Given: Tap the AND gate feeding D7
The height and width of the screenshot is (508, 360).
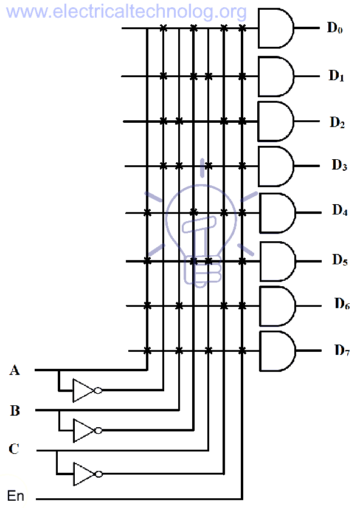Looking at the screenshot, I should [277, 351].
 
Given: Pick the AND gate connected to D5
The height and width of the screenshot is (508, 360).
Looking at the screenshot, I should [277, 261].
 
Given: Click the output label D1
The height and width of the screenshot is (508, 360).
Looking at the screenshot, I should [337, 76].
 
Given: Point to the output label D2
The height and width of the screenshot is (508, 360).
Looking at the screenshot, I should [337, 122].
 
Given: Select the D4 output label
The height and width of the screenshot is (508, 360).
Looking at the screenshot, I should [339, 211].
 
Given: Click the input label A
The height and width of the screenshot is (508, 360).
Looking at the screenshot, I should [15, 369].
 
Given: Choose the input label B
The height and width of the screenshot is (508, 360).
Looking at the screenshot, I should [15, 410].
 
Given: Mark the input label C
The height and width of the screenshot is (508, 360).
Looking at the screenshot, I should [14, 450].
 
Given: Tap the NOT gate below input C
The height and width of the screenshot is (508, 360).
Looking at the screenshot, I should [83, 474].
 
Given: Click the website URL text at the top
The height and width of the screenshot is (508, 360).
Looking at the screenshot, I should [124, 11].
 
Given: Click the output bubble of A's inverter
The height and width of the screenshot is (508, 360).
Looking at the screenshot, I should [98, 390].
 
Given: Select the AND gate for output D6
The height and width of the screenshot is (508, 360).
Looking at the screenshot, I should [277, 306].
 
